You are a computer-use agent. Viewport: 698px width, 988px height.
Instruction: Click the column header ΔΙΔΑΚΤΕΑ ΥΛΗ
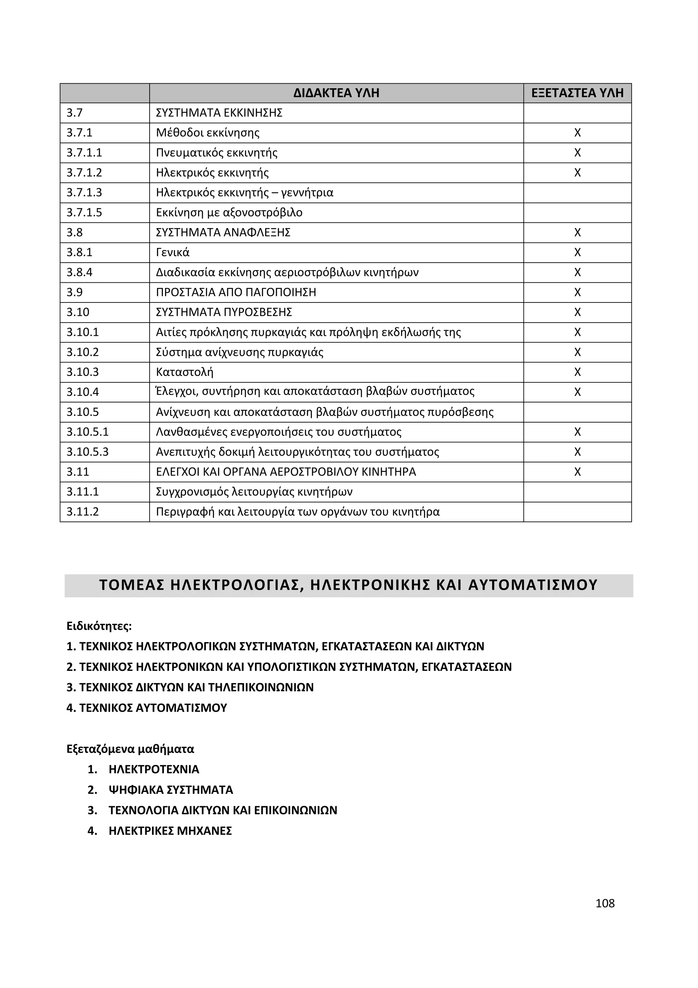pyautogui.click(x=336, y=93)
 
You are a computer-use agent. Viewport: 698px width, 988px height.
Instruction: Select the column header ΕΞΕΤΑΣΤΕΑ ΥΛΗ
pyautogui.click(x=577, y=93)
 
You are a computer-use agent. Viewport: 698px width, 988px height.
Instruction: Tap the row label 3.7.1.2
pyautogui.click(x=84, y=173)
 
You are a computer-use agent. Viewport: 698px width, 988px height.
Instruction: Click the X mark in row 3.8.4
pyautogui.click(x=577, y=272)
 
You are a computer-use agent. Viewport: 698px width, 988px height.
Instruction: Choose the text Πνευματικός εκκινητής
pyautogui.click(x=216, y=153)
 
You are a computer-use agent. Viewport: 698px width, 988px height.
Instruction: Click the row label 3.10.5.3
pyautogui.click(x=87, y=452)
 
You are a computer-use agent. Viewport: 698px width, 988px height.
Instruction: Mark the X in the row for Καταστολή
pyautogui.click(x=577, y=372)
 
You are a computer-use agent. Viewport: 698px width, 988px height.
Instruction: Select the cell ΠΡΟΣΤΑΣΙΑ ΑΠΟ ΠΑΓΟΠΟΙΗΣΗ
pyautogui.click(x=236, y=292)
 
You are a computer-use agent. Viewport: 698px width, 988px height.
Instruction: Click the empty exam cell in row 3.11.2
pyautogui.click(x=577, y=512)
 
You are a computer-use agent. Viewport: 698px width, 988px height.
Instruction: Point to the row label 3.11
pyautogui.click(x=77, y=472)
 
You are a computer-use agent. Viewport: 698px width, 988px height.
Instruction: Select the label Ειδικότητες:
pyautogui.click(x=99, y=626)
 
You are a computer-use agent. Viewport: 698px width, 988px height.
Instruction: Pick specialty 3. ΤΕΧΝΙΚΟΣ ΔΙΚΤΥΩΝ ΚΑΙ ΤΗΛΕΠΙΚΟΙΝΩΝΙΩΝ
pyautogui.click(x=190, y=687)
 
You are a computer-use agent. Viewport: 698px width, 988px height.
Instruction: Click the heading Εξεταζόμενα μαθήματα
pyautogui.click(x=130, y=749)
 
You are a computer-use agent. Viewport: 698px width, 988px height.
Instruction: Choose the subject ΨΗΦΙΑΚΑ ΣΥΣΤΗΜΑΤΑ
pyautogui.click(x=170, y=790)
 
